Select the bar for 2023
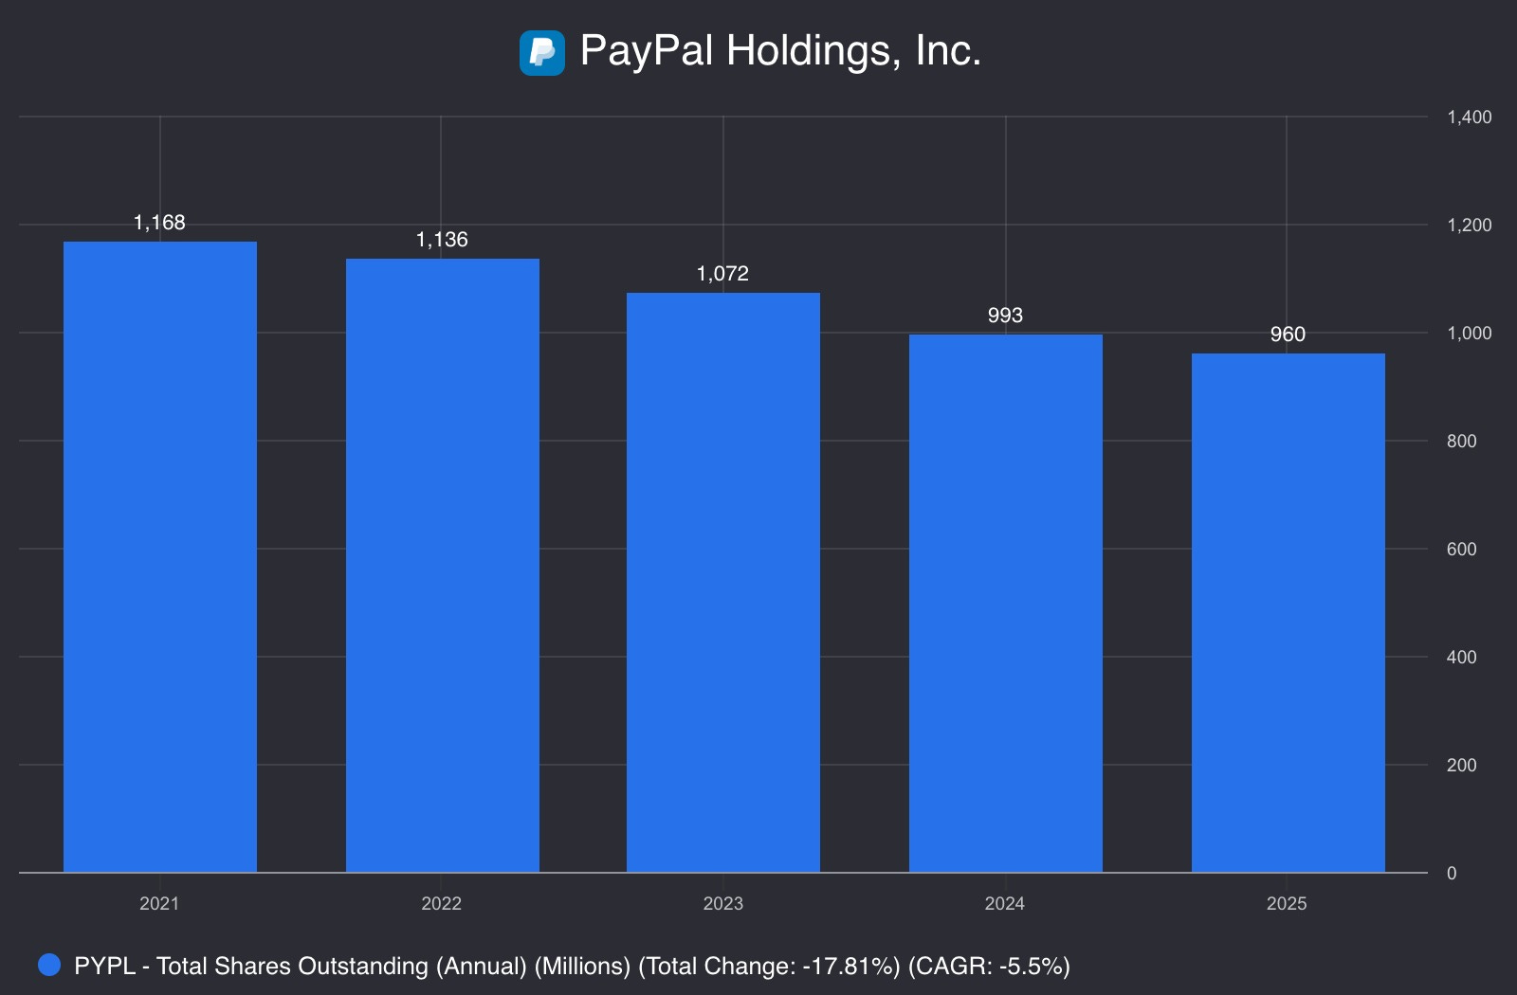[x=722, y=582]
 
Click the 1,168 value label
[x=159, y=223]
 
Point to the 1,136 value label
[x=442, y=240]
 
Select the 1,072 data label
[x=722, y=274]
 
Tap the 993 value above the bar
[x=1005, y=316]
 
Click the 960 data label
[x=1288, y=335]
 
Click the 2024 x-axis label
[x=1004, y=903]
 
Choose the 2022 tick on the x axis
[x=441, y=903]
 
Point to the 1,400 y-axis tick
[x=1469, y=118]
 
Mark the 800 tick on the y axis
[x=1461, y=442]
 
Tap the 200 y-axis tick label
[x=1461, y=766]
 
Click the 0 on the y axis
[x=1452, y=874]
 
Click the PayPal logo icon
[x=542, y=52]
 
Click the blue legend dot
[x=49, y=965]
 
